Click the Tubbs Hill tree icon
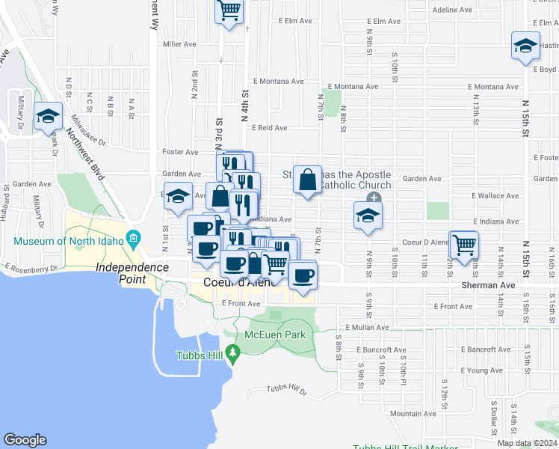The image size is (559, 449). [x=233, y=352]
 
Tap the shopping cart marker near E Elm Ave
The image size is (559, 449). [x=229, y=11]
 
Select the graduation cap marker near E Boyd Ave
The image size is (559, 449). [x=525, y=46]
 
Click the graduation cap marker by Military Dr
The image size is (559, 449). [x=49, y=116]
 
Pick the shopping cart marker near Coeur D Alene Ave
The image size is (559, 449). [x=464, y=245]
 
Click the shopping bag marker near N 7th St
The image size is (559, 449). [x=307, y=180]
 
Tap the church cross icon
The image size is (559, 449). [x=374, y=198]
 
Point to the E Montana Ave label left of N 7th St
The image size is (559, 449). [x=278, y=81]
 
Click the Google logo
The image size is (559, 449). [x=25, y=440]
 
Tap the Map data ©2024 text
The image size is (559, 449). [x=527, y=443]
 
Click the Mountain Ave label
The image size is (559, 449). [x=413, y=414]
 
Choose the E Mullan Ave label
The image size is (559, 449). [x=368, y=328]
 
